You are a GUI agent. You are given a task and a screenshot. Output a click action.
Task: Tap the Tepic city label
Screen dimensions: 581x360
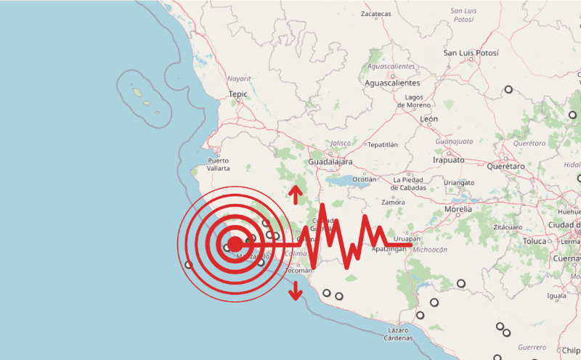238,94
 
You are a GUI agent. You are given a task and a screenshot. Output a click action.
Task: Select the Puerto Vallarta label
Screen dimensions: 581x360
219,164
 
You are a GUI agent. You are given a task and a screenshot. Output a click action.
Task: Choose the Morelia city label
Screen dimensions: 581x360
458,208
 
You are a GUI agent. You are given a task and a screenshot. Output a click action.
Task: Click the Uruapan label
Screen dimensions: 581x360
405,238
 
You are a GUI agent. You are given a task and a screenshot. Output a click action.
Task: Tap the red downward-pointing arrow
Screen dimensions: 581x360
295,292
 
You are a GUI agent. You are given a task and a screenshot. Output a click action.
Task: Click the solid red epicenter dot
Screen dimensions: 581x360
235,245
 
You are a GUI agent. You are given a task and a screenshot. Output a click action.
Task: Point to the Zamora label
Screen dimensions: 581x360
393,202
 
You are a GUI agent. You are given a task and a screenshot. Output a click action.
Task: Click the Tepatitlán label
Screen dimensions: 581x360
383,144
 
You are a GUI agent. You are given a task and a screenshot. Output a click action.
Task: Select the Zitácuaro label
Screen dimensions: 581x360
508,227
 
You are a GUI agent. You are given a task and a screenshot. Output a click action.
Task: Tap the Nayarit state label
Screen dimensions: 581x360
238,78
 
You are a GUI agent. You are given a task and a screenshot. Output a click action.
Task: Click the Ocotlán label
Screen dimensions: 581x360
364,179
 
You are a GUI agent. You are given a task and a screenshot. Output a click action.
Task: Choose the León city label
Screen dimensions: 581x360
429,118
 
